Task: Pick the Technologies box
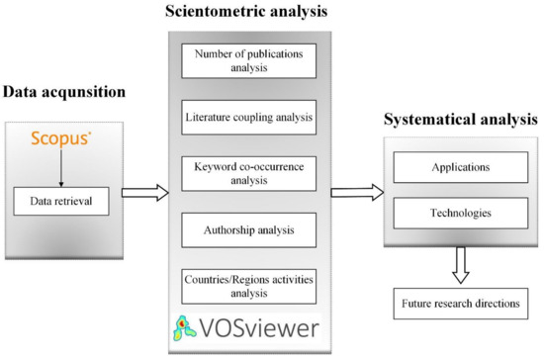point(456,213)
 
